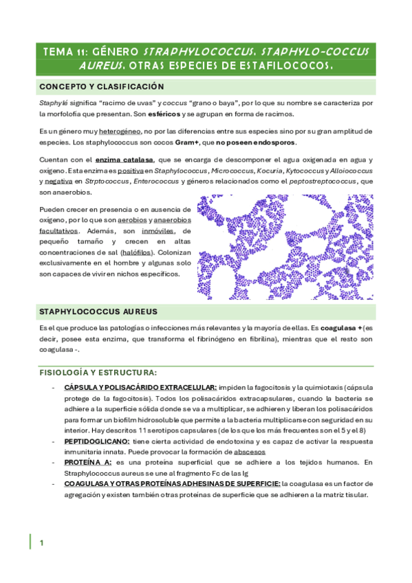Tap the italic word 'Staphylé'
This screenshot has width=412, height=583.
click(52, 102)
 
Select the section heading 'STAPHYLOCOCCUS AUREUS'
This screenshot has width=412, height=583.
click(98, 311)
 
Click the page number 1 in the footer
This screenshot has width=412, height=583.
click(41, 543)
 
